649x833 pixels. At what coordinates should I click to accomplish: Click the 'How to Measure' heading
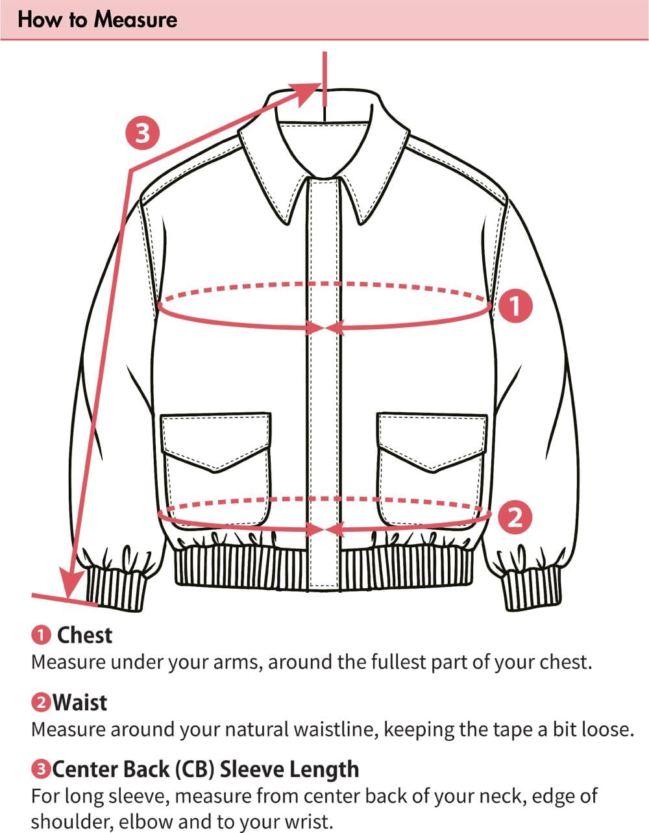(97, 19)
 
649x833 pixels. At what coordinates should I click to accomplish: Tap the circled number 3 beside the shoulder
(142, 132)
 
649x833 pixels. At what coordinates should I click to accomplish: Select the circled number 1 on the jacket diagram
(515, 306)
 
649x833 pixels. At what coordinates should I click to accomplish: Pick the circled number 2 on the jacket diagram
(515, 517)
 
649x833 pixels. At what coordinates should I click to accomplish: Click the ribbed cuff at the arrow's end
(117, 588)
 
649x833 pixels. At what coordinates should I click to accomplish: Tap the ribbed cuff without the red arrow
(531, 588)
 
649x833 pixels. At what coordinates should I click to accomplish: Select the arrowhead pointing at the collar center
(310, 91)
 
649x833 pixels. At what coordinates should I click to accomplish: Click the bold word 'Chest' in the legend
(84, 635)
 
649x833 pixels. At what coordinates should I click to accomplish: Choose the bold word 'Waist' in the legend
(80, 702)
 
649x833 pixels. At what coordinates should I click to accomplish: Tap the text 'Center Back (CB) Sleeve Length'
(205, 769)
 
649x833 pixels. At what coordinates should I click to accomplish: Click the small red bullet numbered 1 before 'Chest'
(41, 636)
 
